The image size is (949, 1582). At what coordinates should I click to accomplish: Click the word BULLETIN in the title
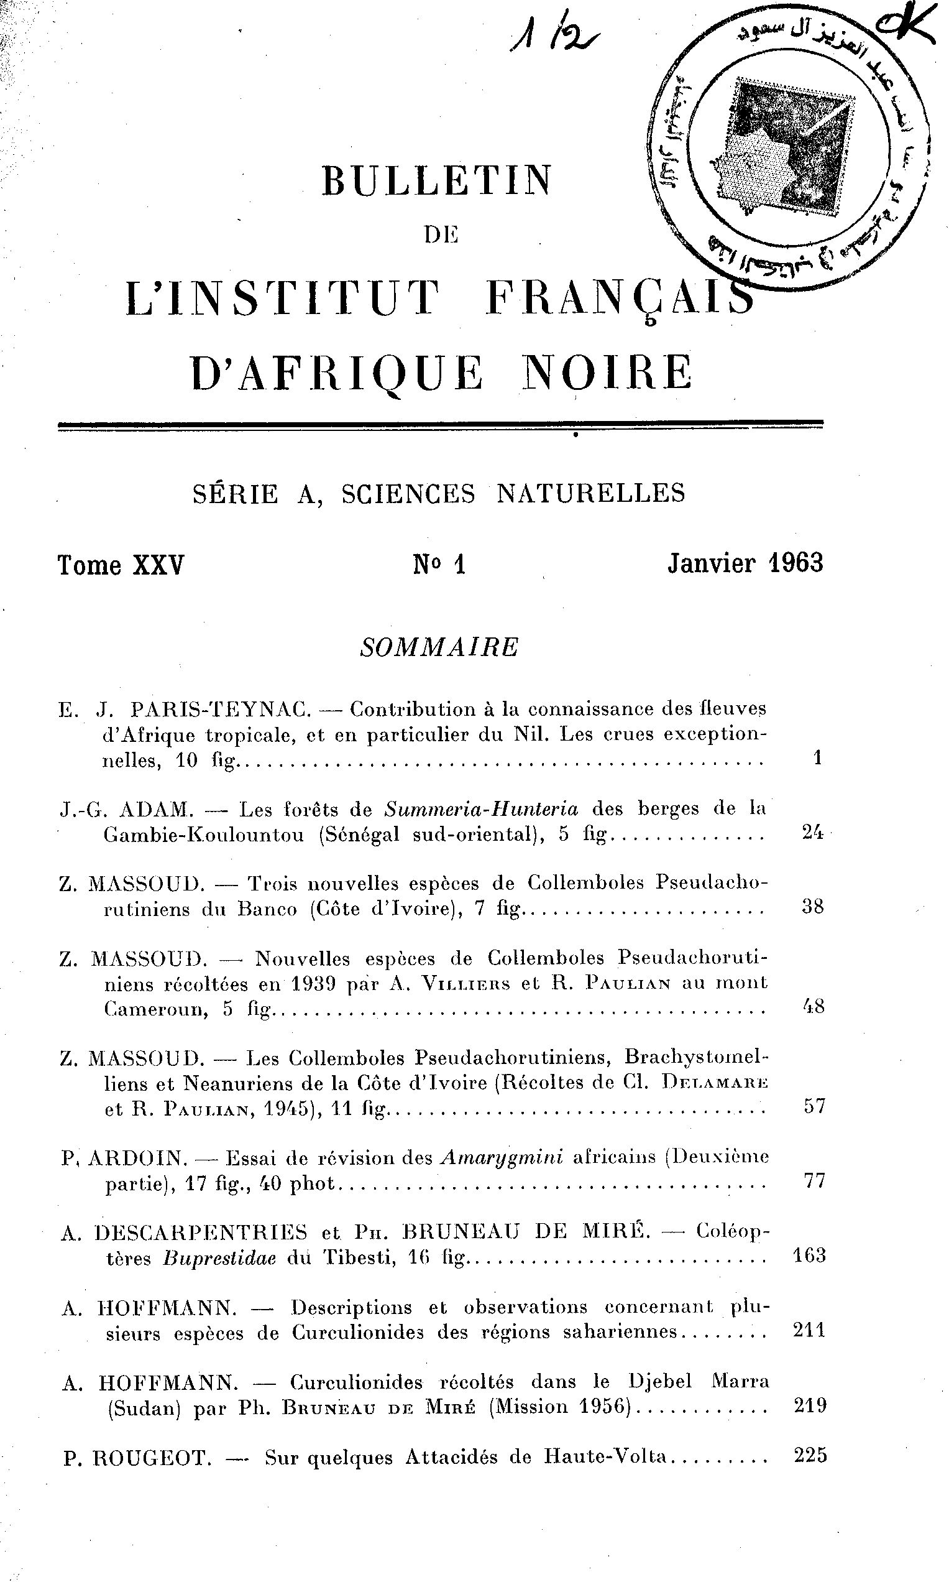pos(436,180)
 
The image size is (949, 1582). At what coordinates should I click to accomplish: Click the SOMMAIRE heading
pos(439,647)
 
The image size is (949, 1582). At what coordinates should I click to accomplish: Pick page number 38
pos(812,907)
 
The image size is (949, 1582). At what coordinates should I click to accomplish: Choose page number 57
pos(814,1106)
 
